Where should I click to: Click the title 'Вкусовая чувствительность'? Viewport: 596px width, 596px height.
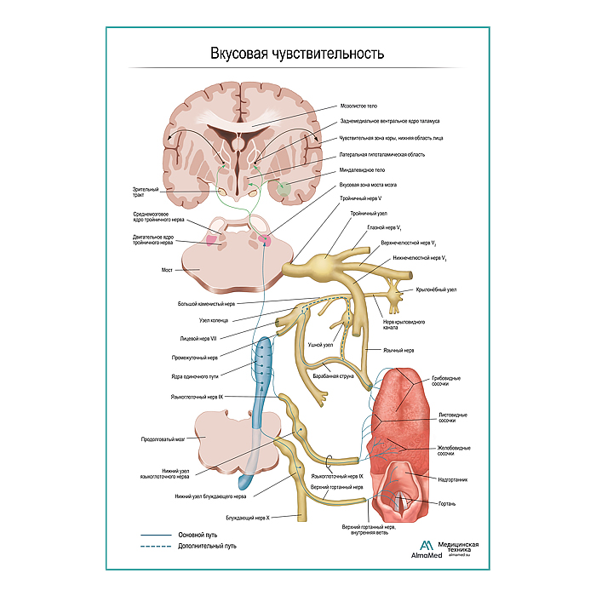click(x=297, y=53)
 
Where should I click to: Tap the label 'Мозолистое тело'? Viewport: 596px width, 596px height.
click(x=358, y=106)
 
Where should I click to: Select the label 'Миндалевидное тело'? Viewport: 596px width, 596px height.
click(x=363, y=169)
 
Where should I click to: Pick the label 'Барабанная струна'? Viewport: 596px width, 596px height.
click(x=333, y=375)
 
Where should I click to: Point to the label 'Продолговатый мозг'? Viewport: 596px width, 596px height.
click(x=163, y=440)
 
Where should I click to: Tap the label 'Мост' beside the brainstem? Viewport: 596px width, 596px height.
click(x=168, y=270)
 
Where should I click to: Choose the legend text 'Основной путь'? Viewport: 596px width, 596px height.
click(x=198, y=535)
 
